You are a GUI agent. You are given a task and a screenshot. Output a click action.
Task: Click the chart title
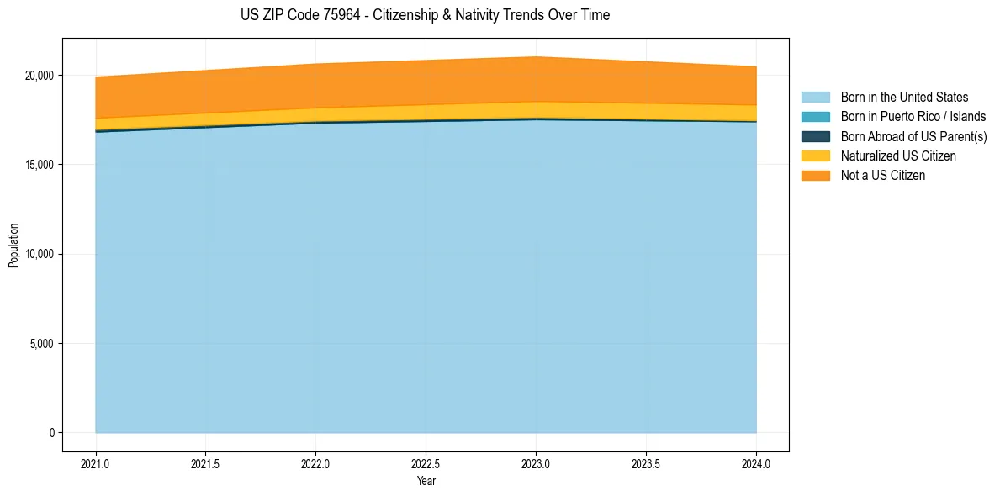424,15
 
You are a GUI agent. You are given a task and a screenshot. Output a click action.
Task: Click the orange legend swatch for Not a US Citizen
815,175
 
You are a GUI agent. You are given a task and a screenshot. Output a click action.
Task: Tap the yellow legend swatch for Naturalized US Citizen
815,156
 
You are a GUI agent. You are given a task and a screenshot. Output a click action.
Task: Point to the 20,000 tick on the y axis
39,76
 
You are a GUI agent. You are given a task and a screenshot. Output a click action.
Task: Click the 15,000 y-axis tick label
39,165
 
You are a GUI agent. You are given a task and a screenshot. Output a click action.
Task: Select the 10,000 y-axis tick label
39,254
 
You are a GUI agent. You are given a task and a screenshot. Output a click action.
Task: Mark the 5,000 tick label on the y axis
41,343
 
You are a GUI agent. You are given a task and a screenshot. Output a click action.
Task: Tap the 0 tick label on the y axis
51,433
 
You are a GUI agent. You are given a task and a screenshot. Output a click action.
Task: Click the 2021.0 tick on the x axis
96,463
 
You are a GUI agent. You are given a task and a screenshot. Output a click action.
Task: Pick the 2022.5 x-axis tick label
426,463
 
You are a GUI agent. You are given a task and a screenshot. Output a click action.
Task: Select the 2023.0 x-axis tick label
536,463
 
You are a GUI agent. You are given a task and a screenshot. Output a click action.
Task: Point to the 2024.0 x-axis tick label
756,463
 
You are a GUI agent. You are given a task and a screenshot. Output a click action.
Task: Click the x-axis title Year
426,481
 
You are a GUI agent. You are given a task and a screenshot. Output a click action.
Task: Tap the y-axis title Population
13,245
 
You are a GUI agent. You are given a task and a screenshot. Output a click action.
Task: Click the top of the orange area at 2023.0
536,57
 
